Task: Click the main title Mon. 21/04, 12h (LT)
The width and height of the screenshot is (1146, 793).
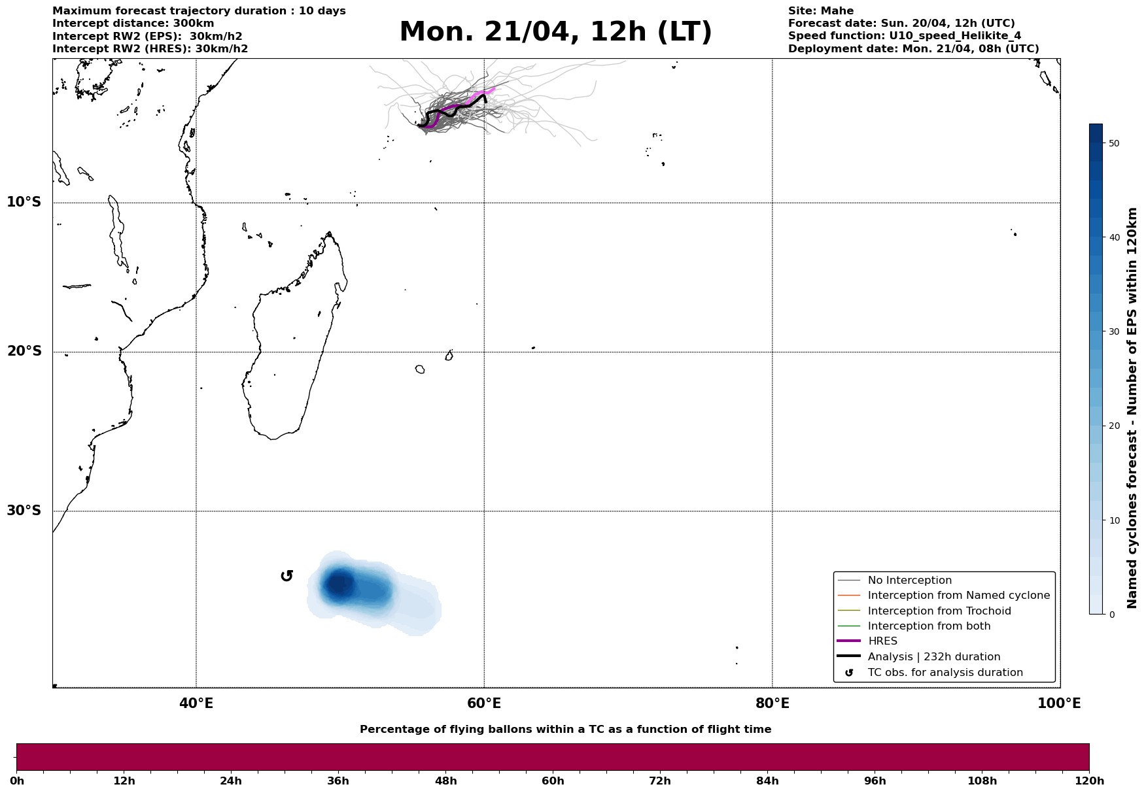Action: (555, 32)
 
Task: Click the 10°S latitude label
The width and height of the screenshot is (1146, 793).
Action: (24, 202)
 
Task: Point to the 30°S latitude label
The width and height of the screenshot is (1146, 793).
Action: (24, 511)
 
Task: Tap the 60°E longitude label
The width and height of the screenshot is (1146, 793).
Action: (484, 704)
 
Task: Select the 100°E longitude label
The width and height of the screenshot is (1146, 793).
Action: (1059, 704)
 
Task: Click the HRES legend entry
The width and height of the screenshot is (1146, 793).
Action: (882, 641)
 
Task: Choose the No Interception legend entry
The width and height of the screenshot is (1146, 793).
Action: (909, 581)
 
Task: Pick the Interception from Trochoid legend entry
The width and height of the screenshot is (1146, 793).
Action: (939, 611)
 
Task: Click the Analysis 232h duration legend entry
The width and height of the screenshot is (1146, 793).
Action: (933, 657)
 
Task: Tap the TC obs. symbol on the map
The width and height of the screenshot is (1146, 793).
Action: (286, 576)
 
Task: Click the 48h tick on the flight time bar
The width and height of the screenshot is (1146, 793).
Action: (445, 781)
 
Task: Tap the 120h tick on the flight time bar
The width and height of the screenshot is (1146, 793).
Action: (1089, 781)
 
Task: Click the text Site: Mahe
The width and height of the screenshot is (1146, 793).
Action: (820, 11)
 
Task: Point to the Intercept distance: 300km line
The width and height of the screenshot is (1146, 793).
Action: (133, 24)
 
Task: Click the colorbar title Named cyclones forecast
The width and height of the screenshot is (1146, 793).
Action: (1132, 408)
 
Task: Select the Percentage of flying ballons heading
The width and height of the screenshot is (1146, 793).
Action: (565, 730)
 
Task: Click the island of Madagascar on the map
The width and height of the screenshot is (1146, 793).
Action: (291, 353)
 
